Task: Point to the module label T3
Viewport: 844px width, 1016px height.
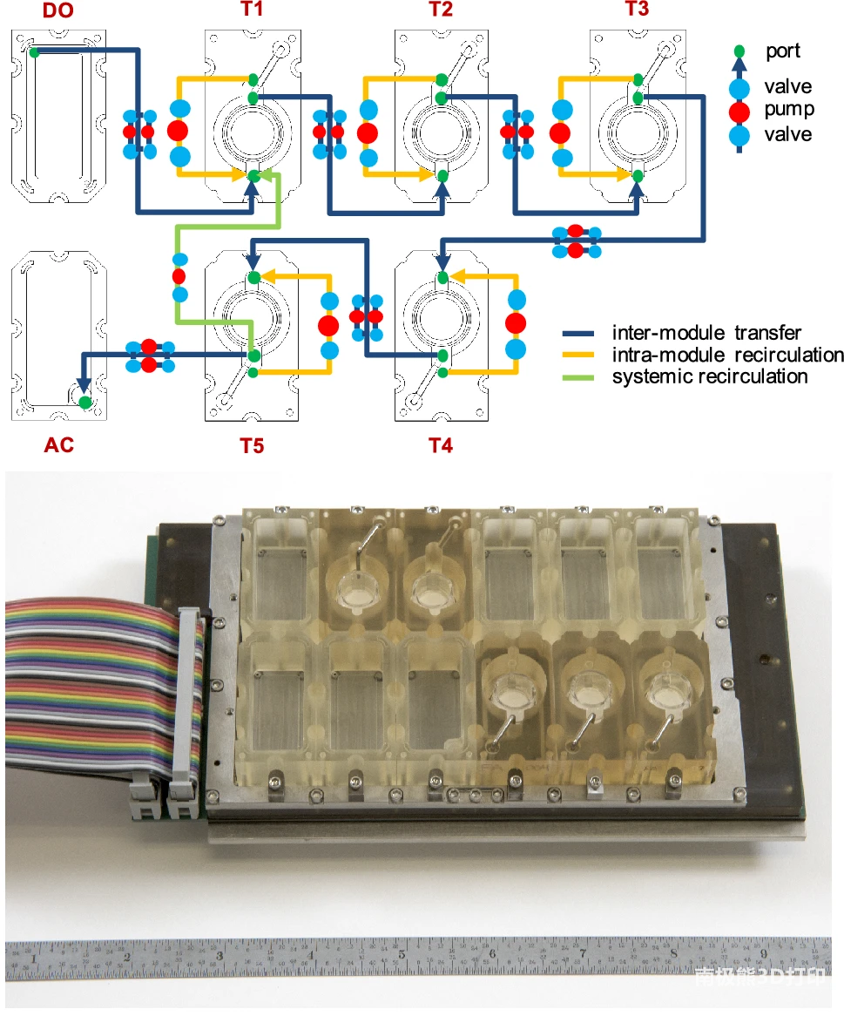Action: click(637, 10)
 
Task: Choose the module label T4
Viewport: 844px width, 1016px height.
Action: click(441, 446)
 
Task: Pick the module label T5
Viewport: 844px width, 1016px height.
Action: click(252, 446)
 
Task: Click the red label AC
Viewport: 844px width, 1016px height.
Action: click(58, 445)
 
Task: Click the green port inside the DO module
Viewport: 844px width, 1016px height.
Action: click(34, 52)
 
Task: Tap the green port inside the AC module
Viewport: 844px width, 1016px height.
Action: click(84, 402)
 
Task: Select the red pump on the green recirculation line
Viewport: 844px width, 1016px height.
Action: click(179, 276)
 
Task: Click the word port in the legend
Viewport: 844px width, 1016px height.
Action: click(783, 51)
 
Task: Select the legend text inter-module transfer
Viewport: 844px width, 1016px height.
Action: click(706, 332)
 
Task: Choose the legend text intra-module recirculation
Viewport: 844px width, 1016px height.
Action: click(727, 355)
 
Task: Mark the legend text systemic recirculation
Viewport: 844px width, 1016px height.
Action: click(710, 376)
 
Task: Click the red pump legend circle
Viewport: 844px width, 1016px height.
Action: click(739, 111)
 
